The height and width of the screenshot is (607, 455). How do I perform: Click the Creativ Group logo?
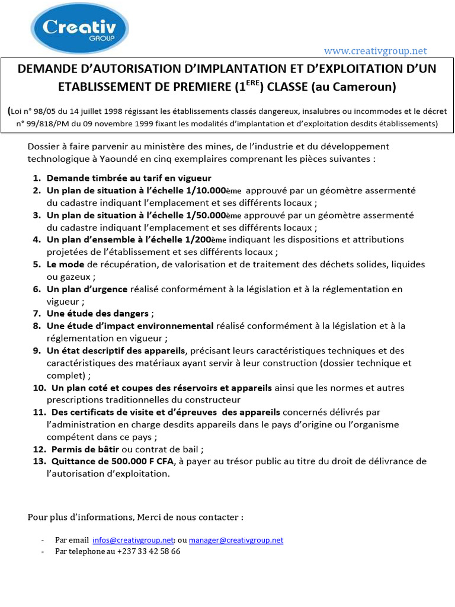click(x=79, y=28)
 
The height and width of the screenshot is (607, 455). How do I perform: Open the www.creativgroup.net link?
click(x=375, y=51)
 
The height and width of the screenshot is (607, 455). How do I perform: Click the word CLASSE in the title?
click(x=287, y=87)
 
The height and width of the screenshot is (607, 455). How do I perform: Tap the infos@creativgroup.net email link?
click(x=133, y=540)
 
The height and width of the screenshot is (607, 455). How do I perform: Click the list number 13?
click(x=39, y=461)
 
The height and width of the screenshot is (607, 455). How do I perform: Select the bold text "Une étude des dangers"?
click(x=98, y=313)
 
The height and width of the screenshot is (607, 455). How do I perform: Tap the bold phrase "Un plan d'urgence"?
click(x=87, y=289)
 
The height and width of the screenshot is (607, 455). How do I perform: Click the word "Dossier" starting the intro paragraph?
click(x=44, y=146)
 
